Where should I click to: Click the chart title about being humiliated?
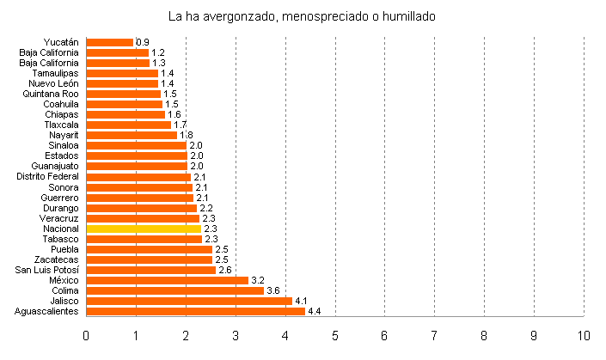point(303,16)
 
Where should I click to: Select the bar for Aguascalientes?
point(196,311)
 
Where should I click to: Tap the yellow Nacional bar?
point(144,229)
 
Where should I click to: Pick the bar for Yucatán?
point(110,42)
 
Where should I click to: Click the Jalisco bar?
point(189,301)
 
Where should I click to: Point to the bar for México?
point(167,280)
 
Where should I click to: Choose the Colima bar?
point(175,290)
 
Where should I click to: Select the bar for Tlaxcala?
point(129,125)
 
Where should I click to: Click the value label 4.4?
point(315,311)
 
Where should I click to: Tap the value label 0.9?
point(143,42)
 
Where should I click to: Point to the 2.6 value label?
point(225,270)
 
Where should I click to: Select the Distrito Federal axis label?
point(48,176)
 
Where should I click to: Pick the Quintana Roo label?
point(53,94)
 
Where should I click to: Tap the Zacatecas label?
point(57,259)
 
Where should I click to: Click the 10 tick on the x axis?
point(584,334)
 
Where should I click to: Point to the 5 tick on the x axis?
point(335,334)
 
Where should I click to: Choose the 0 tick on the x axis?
point(86,334)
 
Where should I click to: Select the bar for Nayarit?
point(132,135)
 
